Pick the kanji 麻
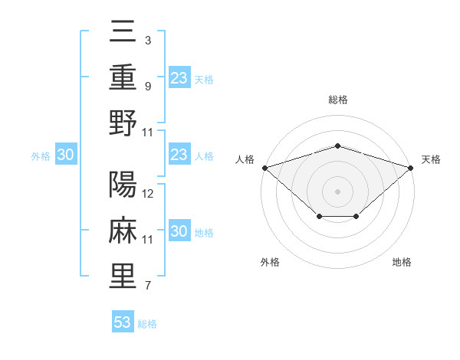click(x=123, y=231)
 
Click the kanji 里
click(x=123, y=276)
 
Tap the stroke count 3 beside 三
click(x=147, y=41)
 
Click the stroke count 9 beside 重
click(x=147, y=86)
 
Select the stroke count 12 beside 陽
click(x=149, y=194)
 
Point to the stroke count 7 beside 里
click(x=147, y=286)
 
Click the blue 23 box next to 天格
click(x=179, y=77)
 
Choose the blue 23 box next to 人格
click(x=179, y=155)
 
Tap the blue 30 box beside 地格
click(x=179, y=231)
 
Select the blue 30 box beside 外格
click(x=65, y=155)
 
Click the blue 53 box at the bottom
click(x=122, y=322)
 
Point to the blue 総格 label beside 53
click(x=147, y=324)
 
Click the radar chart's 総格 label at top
click(x=337, y=100)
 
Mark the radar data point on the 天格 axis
click(x=412, y=167)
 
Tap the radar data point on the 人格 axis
click(x=264, y=168)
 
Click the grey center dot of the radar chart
click(x=337, y=191)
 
